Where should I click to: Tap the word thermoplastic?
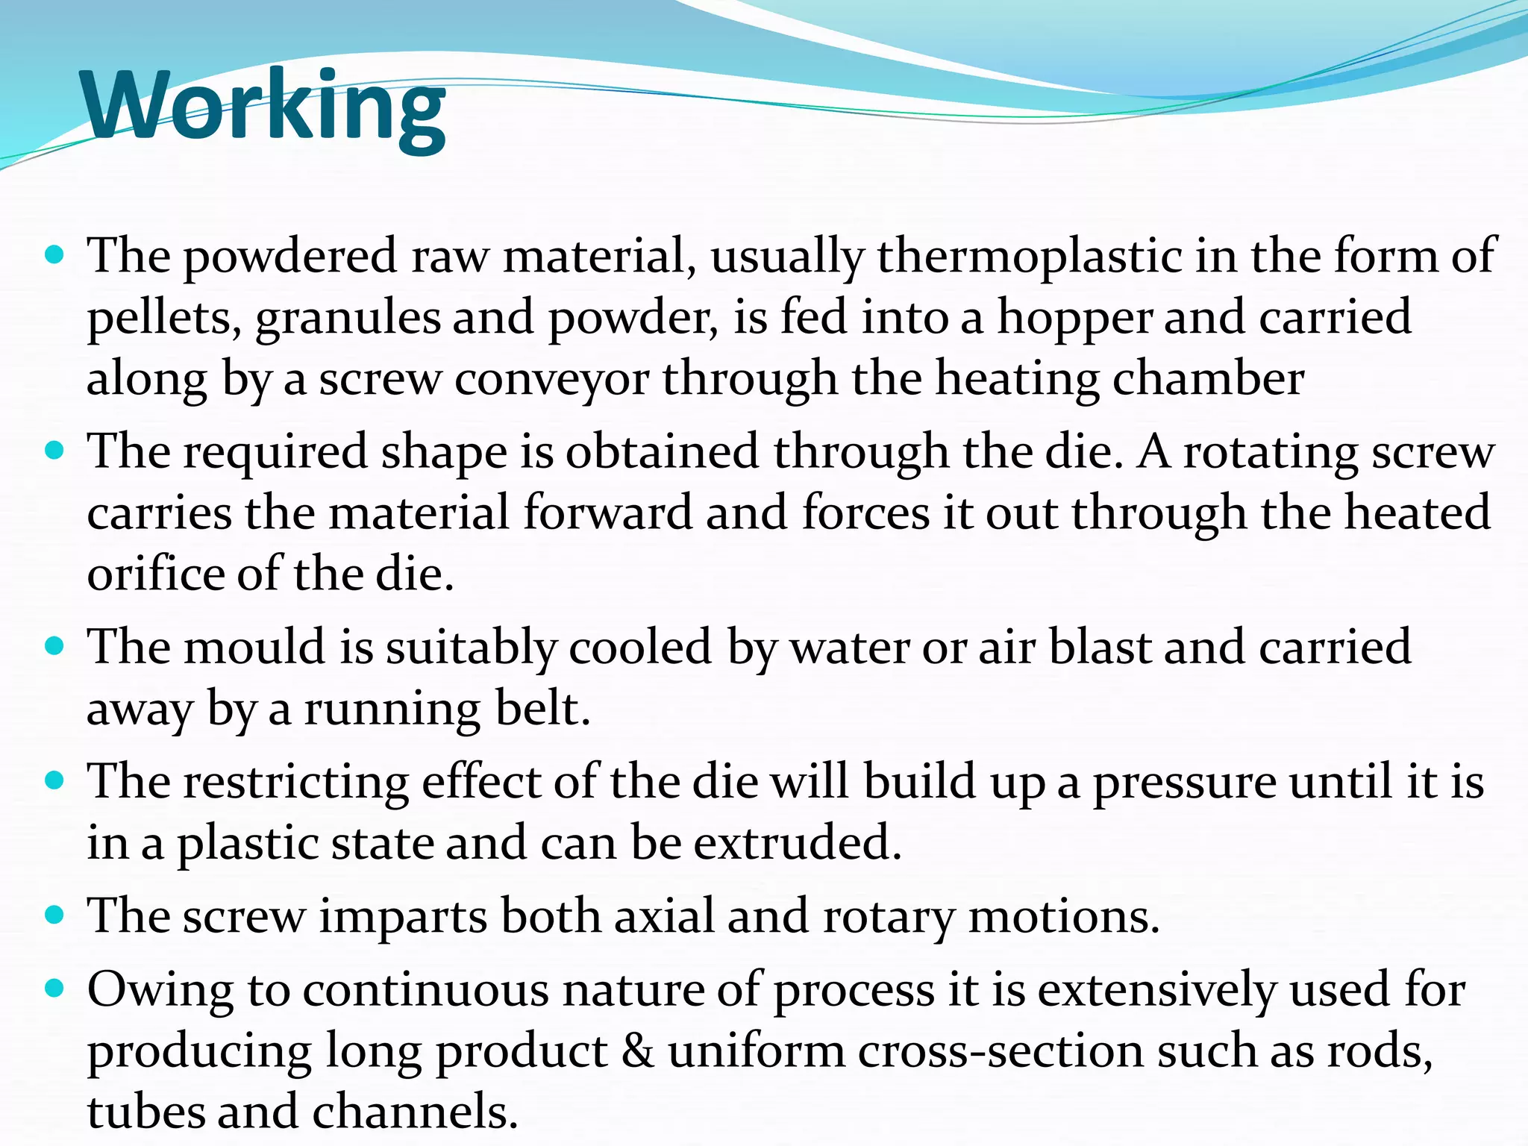click(1030, 256)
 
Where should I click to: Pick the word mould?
click(254, 646)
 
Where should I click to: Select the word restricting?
click(295, 783)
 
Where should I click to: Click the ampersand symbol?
click(637, 1051)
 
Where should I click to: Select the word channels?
click(414, 1112)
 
